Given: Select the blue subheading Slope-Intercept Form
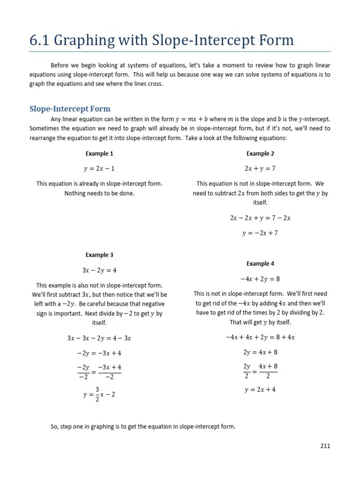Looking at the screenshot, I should (x=70, y=109).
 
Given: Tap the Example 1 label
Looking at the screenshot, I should (x=99, y=154).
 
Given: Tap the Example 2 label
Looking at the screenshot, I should (x=260, y=154).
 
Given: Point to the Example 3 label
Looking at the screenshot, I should (x=99, y=255).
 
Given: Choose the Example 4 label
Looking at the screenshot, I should (x=260, y=263).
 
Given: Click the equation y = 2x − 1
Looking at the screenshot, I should (x=99, y=169).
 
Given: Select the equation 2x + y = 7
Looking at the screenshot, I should (x=260, y=169).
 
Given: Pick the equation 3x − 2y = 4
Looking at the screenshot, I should (x=99, y=270).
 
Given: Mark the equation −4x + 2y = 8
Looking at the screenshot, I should (x=260, y=279).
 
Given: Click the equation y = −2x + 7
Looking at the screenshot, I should (x=260, y=233).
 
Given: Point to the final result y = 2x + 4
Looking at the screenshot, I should (x=260, y=390).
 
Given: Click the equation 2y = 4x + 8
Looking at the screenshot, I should (x=260, y=352).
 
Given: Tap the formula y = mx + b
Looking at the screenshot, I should (x=191, y=120).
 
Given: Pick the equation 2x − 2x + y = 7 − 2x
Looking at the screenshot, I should (x=260, y=218).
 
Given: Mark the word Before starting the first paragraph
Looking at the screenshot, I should (x=60, y=66).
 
